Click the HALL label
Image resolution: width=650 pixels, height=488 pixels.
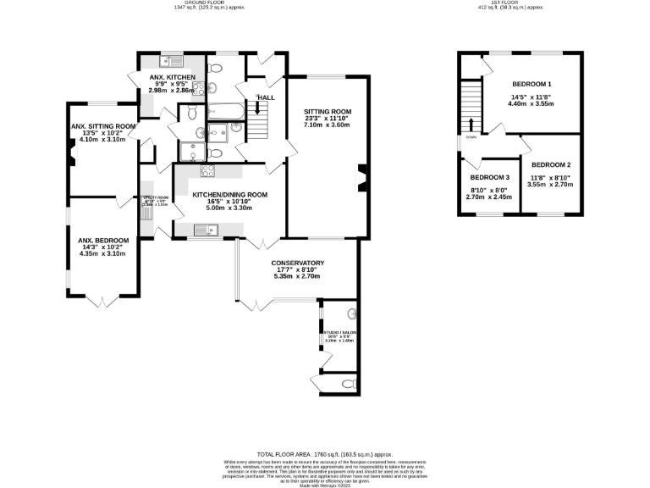coord(266,98)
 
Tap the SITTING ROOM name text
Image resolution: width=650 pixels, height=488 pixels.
coord(328,112)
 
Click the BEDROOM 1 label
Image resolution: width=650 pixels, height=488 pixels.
coord(532,84)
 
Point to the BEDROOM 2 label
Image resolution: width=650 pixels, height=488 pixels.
coord(550,164)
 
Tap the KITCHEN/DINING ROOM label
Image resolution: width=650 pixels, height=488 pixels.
coord(229,195)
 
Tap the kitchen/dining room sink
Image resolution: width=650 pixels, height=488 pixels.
coord(207,229)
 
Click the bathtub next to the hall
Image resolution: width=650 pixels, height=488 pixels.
coord(225,109)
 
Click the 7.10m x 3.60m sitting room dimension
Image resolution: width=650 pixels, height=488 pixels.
coord(328,125)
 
